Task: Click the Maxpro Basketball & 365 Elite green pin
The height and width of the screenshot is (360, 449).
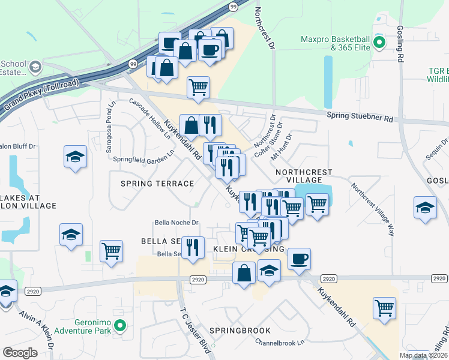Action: pyautogui.click(x=379, y=43)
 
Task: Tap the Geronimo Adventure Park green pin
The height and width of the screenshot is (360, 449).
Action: pyautogui.click(x=120, y=326)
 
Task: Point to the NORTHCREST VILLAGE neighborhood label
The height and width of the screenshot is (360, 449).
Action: pyautogui.click(x=303, y=176)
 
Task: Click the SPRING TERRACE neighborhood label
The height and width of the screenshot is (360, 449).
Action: pyautogui.click(x=157, y=184)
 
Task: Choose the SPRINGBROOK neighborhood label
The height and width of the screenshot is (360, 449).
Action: pyautogui.click(x=240, y=331)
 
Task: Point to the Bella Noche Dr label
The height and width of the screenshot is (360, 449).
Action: pyautogui.click(x=176, y=223)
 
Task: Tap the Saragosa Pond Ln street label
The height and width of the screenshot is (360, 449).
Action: pyautogui.click(x=111, y=128)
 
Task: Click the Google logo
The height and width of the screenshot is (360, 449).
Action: pyautogui.click(x=20, y=353)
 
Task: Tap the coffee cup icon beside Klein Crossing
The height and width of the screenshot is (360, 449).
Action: pyautogui.click(x=299, y=259)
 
